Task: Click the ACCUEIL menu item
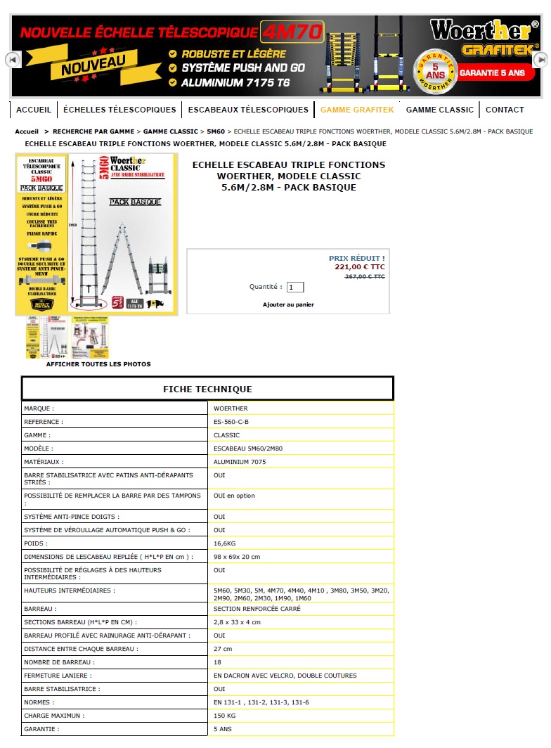[x=34, y=110]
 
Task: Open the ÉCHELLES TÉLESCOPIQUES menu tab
[x=119, y=110]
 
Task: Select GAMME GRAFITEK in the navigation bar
[x=357, y=110]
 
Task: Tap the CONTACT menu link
[x=505, y=110]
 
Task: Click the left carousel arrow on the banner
[x=12, y=60]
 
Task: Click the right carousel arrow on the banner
[x=540, y=60]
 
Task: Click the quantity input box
[x=295, y=287]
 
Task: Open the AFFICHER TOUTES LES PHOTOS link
[x=98, y=364]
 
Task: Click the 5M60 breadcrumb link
[x=216, y=131]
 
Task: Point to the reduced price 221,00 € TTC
[x=359, y=267]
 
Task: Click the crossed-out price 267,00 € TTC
[x=364, y=277]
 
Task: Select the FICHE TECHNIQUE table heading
[x=207, y=389]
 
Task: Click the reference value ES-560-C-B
[x=231, y=422]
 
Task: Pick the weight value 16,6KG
[x=225, y=543]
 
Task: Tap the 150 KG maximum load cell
[x=225, y=716]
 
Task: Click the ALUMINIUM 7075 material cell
[x=240, y=462]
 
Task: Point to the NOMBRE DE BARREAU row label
[x=59, y=662]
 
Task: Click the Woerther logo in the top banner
[x=484, y=32]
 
